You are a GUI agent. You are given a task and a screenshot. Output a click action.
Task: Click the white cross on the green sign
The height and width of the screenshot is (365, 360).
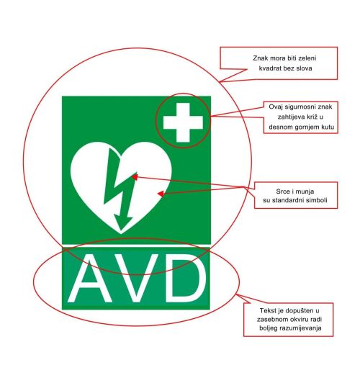pyautogui.click(x=183, y=122)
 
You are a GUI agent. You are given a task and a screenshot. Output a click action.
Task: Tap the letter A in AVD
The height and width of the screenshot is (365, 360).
pyautogui.click(x=90, y=279)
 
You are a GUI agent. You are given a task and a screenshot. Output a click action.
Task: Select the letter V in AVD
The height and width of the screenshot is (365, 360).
pyautogui.click(x=136, y=279)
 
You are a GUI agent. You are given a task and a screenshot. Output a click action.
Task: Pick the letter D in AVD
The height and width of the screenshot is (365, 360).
pyautogui.click(x=186, y=279)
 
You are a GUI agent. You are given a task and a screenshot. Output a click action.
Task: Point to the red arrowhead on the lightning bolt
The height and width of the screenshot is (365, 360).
pyautogui.click(x=135, y=177)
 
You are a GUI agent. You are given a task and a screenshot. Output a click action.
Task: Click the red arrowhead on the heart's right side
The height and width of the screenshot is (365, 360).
pyautogui.click(x=161, y=194)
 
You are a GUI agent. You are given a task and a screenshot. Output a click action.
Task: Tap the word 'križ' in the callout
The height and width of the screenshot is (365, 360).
pyautogui.click(x=311, y=117)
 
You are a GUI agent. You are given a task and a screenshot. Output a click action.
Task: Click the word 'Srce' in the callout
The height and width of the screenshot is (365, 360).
pyautogui.click(x=282, y=191)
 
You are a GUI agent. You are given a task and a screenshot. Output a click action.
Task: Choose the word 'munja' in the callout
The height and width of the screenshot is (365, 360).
pyautogui.click(x=305, y=191)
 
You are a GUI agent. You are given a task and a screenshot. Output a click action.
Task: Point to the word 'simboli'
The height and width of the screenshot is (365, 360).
pyautogui.click(x=317, y=200)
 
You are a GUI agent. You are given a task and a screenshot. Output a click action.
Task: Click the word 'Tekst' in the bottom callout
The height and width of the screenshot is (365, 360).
pyautogui.click(x=267, y=310)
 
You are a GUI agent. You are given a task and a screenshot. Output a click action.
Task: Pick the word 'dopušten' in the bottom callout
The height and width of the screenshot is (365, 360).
pyautogui.click(x=300, y=311)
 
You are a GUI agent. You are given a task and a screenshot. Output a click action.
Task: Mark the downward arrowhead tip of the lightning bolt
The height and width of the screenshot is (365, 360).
pyautogui.click(x=120, y=230)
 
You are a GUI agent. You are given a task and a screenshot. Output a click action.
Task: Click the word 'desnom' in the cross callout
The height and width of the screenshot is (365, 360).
pyautogui.click(x=279, y=127)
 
